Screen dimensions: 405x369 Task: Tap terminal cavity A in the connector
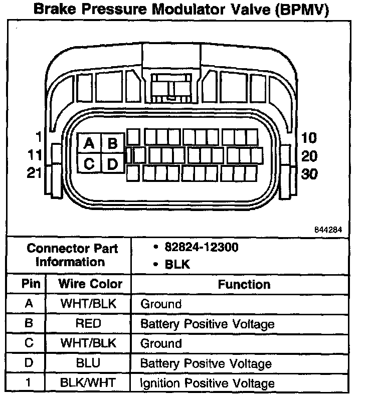tap(89, 144)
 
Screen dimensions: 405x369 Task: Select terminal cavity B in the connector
tap(113, 144)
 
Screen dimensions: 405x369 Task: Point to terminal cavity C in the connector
tap(89, 164)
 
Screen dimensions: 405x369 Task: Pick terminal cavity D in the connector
tap(113, 164)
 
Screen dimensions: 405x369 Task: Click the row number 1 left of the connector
tap(38, 136)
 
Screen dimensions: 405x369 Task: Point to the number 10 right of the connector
tap(309, 138)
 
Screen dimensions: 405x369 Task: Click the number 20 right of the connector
tap(309, 156)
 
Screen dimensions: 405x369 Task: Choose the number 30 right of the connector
tap(309, 174)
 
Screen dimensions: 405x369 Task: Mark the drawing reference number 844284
tap(328, 230)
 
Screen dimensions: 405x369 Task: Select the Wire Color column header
tap(90, 284)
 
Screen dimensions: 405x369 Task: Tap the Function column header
tap(244, 284)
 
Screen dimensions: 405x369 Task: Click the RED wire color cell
tap(88, 323)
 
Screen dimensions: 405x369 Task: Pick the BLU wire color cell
tap(88, 363)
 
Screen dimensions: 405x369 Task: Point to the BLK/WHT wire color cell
tap(88, 383)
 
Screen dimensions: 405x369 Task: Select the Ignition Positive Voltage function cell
tap(208, 383)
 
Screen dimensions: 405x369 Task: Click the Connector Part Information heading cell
tap(72, 255)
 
